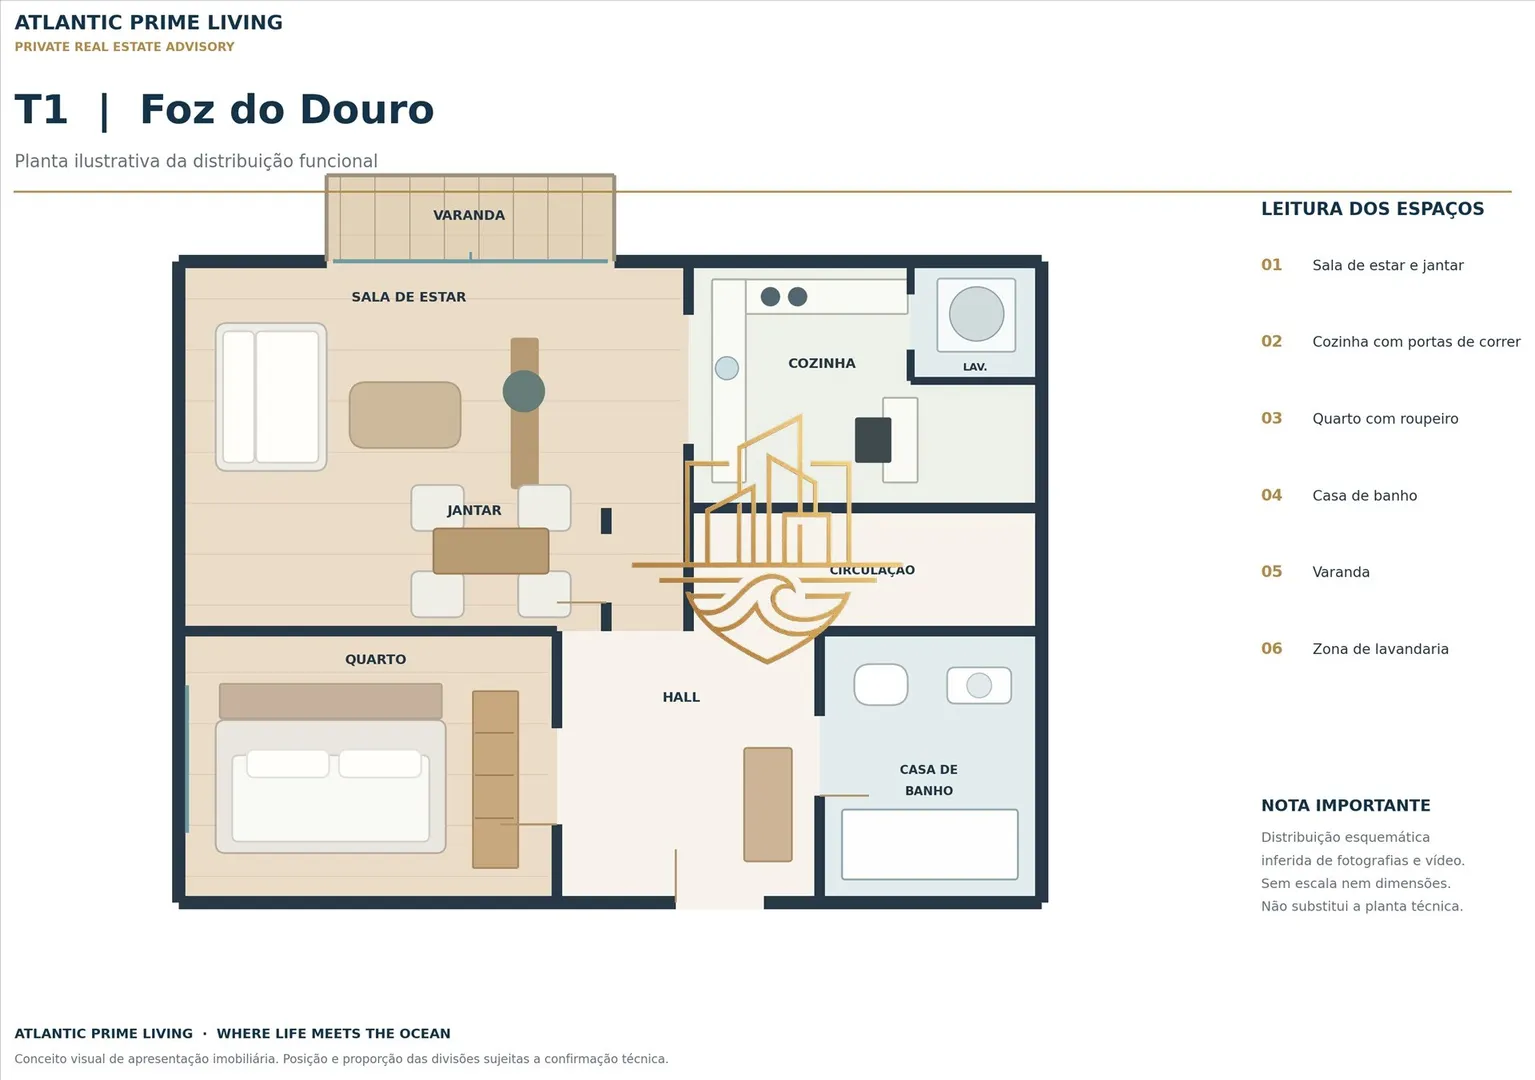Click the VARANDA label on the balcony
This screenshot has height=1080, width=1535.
coord(469,215)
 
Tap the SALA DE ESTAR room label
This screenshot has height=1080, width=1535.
coord(408,297)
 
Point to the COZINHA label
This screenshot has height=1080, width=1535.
coord(822,363)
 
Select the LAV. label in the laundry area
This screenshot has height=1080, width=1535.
coord(974,367)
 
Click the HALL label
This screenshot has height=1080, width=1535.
coord(680,697)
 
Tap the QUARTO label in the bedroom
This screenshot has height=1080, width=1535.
coord(375,659)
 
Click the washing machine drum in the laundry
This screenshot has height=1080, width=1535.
coord(976,314)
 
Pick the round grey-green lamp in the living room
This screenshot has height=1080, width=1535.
coord(524,391)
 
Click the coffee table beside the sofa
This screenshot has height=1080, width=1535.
coord(405,415)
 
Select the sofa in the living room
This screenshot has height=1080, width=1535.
coord(271,397)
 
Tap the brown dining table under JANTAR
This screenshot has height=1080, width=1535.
coord(491,551)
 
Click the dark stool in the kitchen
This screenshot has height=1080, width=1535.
coord(873,440)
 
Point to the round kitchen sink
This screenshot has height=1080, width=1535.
coord(726,368)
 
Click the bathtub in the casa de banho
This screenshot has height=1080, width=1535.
coord(929,844)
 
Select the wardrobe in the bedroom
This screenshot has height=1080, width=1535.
coord(495,779)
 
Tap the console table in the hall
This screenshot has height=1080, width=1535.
coord(768,805)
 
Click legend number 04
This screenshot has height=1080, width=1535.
coord(1271,495)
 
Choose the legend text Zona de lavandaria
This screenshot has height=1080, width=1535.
coord(1380,649)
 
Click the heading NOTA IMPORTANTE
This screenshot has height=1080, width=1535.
coord(1345,805)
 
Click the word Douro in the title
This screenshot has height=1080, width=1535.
coord(367,110)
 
